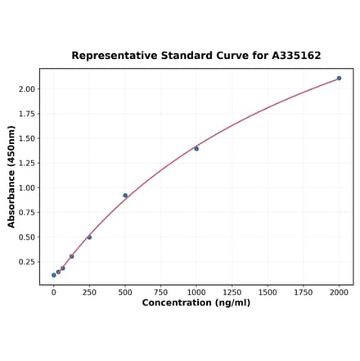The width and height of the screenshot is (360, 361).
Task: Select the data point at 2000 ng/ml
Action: coord(339,79)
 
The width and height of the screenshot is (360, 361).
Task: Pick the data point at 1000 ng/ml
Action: coord(196,148)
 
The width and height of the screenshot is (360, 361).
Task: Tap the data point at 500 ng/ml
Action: coord(125,195)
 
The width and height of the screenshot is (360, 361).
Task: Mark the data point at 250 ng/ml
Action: coord(89,237)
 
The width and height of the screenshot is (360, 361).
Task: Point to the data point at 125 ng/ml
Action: coord(71,256)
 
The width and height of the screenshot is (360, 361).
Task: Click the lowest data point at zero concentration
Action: coord(54,275)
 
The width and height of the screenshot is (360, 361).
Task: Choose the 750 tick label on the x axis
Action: coord(160,291)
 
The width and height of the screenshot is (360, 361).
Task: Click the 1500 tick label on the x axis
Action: coord(268,291)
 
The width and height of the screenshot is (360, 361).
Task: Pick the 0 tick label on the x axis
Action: coord(54,291)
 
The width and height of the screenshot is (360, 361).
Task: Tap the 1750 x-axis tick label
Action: coord(304,291)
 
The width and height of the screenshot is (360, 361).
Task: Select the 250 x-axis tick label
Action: coord(89,291)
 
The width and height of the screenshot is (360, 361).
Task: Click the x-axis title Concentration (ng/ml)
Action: coord(196,303)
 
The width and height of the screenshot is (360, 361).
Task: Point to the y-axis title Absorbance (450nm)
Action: coord(11,177)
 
